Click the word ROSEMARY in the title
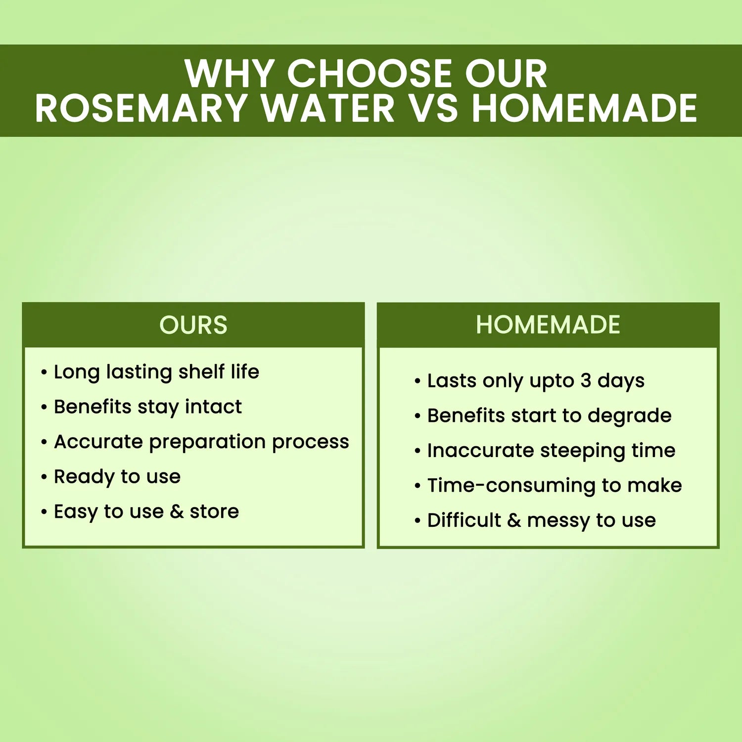coord(141,108)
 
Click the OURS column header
coord(193,325)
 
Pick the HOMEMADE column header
coord(548,325)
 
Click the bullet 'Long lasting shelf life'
coord(156,372)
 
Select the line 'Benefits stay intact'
coord(147,407)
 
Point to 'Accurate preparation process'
coord(201,442)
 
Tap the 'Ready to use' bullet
coord(117,477)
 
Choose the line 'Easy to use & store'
coord(146,512)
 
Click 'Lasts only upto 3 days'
coord(536,381)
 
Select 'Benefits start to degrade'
coord(549,416)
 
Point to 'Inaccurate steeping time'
coord(551,451)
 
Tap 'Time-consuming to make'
coord(555,486)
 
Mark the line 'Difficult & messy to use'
coord(542,520)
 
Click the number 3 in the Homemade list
coord(586,381)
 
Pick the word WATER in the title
coord(328,108)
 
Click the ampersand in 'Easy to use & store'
coord(177,512)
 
